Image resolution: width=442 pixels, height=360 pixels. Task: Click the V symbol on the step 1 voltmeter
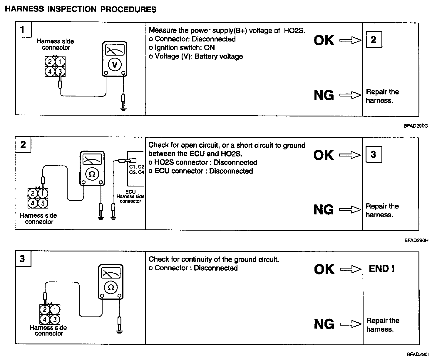tap(115, 65)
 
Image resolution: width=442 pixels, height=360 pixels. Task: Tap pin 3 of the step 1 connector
tap(60, 71)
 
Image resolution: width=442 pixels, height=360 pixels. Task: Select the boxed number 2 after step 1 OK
tap(374, 40)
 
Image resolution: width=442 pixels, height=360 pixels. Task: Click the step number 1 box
tap(23, 30)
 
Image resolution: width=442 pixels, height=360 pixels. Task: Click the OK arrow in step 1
tap(350, 40)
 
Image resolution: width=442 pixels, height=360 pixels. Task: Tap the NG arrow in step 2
tap(350, 210)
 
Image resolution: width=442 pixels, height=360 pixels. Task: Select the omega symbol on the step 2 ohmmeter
tap(92, 174)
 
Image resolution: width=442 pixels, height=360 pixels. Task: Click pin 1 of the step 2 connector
tap(43, 194)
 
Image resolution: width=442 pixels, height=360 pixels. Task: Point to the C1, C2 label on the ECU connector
tap(137, 166)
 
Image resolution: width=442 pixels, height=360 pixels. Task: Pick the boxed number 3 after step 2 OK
tap(374, 154)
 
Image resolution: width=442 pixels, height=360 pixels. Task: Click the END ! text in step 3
tap(381, 269)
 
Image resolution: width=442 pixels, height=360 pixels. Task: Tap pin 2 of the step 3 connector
tap(45, 310)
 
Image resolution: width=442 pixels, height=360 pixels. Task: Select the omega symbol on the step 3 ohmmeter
tap(110, 287)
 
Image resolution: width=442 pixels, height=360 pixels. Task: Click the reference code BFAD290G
tap(416, 126)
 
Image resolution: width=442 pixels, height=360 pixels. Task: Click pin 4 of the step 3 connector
tap(45, 319)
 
